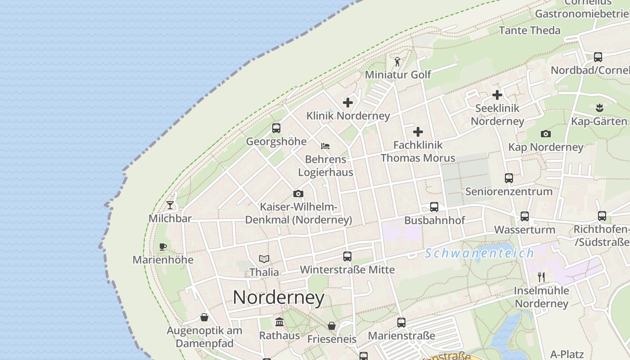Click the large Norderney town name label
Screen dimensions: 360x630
pyautogui.click(x=279, y=297)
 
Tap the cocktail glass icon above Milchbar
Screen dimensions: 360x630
pyautogui.click(x=170, y=205)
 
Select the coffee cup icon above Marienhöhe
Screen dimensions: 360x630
pyautogui.click(x=163, y=247)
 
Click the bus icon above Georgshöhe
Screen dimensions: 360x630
pyautogui.click(x=276, y=128)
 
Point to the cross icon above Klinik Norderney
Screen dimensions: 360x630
pyautogui.click(x=348, y=103)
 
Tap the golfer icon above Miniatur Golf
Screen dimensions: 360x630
pyautogui.click(x=397, y=62)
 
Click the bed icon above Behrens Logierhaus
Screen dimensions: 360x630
pyautogui.click(x=325, y=146)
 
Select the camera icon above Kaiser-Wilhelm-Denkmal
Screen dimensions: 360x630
pyautogui.click(x=298, y=194)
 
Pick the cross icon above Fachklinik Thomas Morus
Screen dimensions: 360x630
pyautogui.click(x=418, y=132)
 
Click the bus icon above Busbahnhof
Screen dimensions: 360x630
pyautogui.click(x=434, y=207)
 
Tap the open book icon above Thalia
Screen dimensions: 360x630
pyautogui.click(x=264, y=259)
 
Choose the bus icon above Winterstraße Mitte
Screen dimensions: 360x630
pyautogui.click(x=347, y=256)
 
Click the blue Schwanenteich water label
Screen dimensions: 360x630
pyautogui.click(x=480, y=253)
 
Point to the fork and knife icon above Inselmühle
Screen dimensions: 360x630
pyautogui.click(x=541, y=277)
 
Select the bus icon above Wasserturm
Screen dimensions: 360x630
pyautogui.click(x=525, y=216)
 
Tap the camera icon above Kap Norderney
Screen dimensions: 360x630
pyautogui.click(x=546, y=134)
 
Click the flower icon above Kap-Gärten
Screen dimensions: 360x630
pyautogui.click(x=599, y=108)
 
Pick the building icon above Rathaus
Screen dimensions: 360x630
pyautogui.click(x=279, y=322)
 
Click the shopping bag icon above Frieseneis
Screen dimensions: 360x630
pyautogui.click(x=332, y=326)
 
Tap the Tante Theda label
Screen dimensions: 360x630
pyautogui.click(x=530, y=31)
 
